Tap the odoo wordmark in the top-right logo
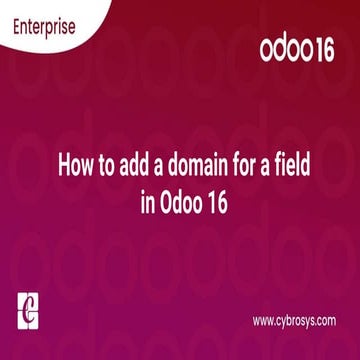pos(283,49)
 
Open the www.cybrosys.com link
pos(293,320)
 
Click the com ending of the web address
pos(324,320)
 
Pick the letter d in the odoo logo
pos(277,49)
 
